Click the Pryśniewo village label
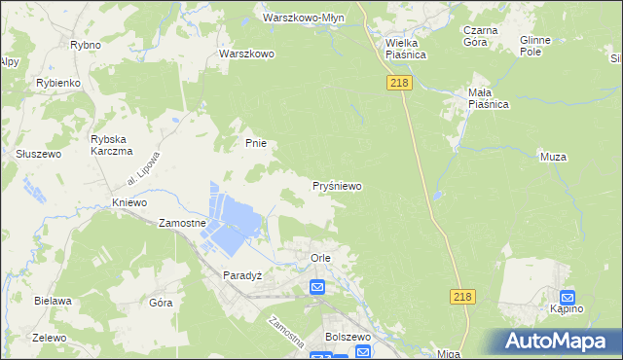tap(338, 184)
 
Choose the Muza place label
tap(553, 156)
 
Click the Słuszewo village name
tap(39, 154)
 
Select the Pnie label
tap(255, 143)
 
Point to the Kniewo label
tap(128, 202)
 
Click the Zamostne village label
tap(182, 223)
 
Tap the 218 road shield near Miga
tap(463, 297)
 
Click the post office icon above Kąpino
tap(568, 298)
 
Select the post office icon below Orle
tap(317, 287)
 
